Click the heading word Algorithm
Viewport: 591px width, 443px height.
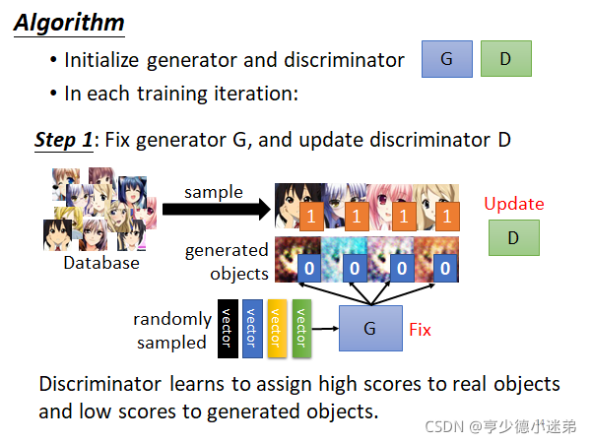tap(68, 22)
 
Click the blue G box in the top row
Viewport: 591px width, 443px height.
tap(446, 59)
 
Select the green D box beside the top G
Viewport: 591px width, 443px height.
tap(505, 59)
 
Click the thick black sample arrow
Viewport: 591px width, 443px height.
tap(218, 209)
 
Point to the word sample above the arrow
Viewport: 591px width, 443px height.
tap(214, 191)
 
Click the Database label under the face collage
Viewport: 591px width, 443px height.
tap(101, 263)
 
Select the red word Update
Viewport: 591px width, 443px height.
tap(513, 204)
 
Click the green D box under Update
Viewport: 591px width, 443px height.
tap(513, 238)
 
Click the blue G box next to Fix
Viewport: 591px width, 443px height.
tap(369, 328)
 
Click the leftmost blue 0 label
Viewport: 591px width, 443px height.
tap(308, 267)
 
